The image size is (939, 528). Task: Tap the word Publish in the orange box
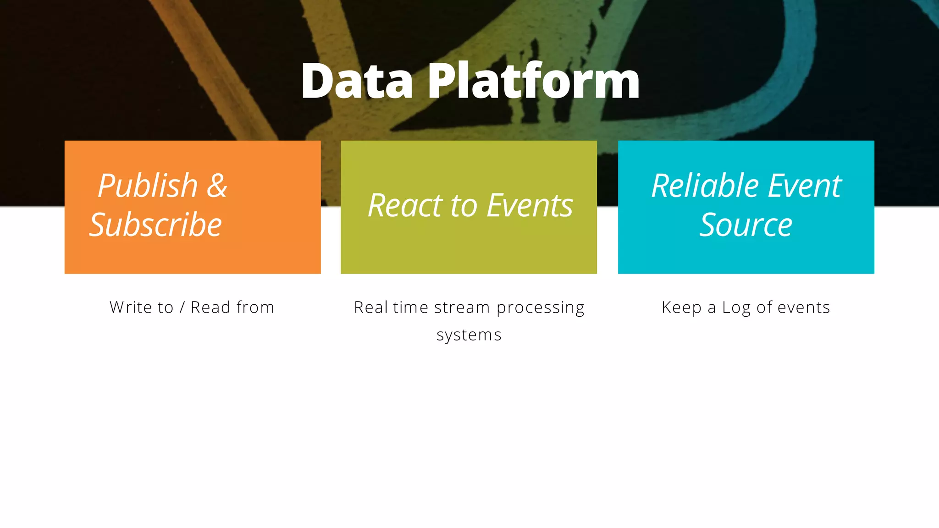tap(148, 186)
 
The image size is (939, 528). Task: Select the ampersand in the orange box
tap(216, 186)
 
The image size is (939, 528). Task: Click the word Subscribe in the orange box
tap(155, 225)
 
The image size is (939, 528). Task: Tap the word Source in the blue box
tap(746, 225)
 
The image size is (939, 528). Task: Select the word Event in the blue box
tap(805, 186)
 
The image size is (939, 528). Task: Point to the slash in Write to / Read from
tap(182, 308)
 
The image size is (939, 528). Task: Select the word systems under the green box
tap(469, 335)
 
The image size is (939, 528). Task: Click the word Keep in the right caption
tap(681, 308)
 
